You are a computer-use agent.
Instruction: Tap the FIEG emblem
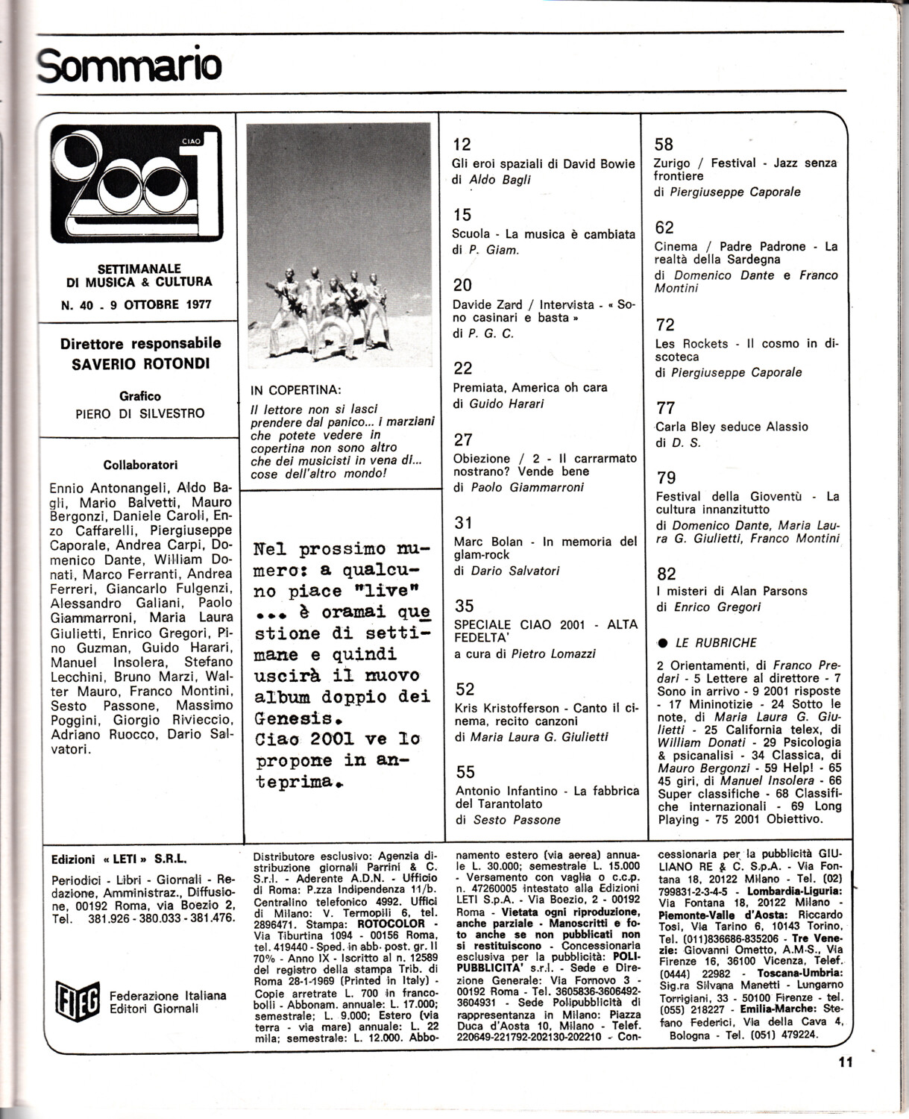78,1000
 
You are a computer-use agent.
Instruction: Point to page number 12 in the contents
462,145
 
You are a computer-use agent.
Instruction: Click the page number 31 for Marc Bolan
463,523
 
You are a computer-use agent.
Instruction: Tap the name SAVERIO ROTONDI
141,364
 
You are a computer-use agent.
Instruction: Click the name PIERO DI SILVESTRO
140,413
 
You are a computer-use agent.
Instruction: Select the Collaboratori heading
141,465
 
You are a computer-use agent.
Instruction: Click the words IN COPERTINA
296,390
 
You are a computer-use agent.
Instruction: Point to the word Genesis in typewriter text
292,718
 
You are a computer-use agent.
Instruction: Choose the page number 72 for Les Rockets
664,325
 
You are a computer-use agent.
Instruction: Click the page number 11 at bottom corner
844,1062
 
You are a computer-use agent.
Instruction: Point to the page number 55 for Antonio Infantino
465,771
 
